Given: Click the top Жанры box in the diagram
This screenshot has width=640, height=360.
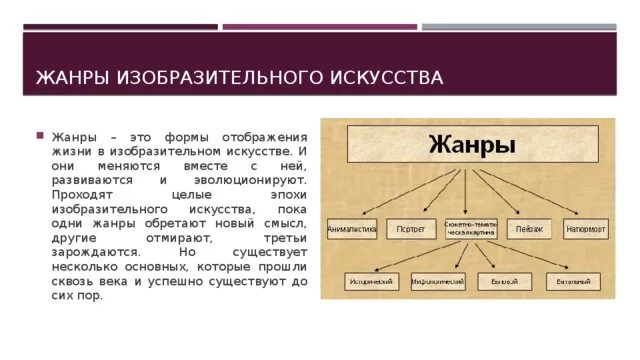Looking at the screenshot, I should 472,144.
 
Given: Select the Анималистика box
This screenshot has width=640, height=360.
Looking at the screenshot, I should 352,229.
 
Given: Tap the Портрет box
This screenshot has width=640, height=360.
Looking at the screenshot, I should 405,229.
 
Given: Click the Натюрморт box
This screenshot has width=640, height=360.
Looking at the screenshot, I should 586,229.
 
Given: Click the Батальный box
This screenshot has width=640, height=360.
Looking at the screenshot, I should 573,282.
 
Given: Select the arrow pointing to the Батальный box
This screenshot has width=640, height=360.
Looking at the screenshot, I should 540,258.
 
